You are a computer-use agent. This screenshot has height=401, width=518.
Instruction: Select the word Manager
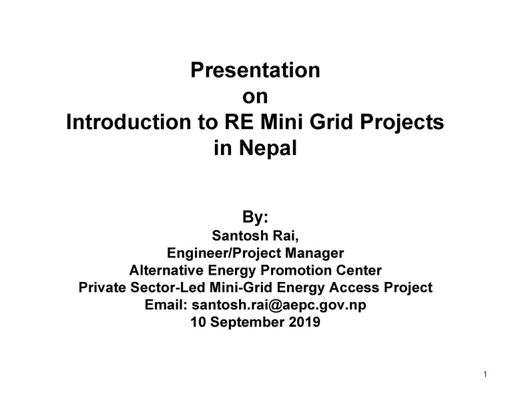click(314, 253)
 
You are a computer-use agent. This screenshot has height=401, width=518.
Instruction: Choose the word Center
click(360, 271)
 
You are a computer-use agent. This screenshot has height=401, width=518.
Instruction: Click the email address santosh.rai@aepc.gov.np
click(280, 305)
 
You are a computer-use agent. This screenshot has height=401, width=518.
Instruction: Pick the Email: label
click(166, 305)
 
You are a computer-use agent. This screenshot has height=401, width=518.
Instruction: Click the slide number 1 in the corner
click(486, 374)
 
